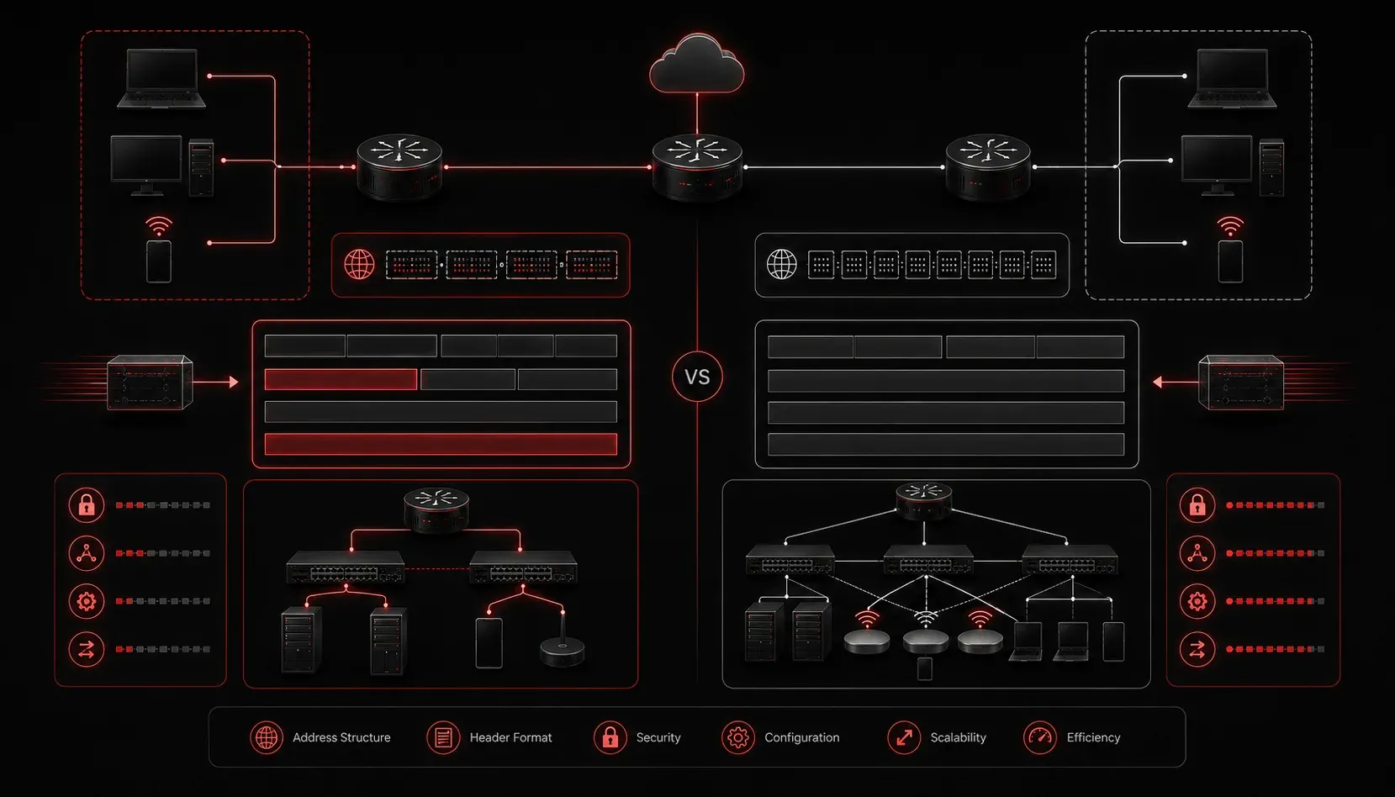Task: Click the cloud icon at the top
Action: coord(697,64)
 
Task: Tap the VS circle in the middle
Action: coord(698,377)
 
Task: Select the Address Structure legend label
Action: coord(341,737)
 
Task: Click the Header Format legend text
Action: coord(510,737)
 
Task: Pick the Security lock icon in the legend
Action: coord(610,737)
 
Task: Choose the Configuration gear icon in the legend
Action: coord(738,737)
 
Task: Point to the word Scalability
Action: coord(958,737)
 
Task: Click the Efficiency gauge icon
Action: coord(1040,737)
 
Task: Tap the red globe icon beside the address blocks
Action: coord(359,265)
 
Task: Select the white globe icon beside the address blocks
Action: coord(781,265)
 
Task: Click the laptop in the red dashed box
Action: coord(161,78)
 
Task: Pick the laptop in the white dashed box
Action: coord(1232,78)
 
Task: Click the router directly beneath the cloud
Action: coord(697,166)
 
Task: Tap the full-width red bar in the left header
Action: coord(441,444)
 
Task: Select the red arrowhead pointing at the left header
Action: coord(234,382)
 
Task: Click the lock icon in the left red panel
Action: coord(87,505)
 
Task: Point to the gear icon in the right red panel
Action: coord(1197,601)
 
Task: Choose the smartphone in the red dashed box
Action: coord(159,261)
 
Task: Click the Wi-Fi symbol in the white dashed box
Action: coord(1230,226)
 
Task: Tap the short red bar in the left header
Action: coord(341,379)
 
